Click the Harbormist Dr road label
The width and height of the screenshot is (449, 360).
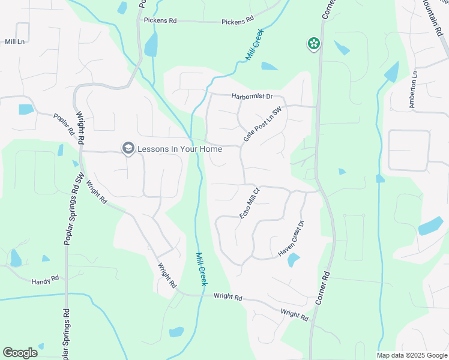(252, 96)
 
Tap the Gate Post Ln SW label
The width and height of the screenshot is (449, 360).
(262, 125)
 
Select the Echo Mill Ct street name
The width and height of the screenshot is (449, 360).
(249, 203)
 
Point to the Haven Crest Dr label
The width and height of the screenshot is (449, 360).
(292, 239)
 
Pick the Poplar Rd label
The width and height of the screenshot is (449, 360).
(63, 124)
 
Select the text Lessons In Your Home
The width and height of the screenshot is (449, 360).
(179, 148)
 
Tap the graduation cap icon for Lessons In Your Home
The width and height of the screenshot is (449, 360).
(128, 148)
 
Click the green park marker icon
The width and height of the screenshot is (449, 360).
(313, 43)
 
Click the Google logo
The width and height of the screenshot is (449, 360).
(20, 353)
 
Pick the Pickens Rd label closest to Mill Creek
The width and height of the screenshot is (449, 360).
(238, 22)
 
